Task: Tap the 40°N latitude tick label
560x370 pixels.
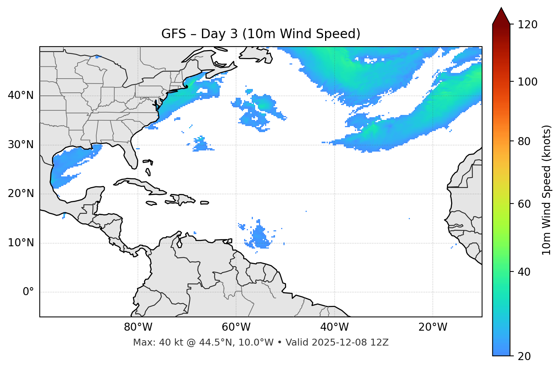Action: (21, 95)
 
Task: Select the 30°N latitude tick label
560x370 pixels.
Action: (21, 145)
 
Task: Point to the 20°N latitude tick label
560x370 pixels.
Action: (21, 194)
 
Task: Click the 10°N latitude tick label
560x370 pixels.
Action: (21, 243)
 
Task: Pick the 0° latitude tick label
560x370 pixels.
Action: (28, 292)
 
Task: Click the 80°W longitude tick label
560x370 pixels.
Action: (138, 327)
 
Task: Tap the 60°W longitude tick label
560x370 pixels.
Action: (236, 327)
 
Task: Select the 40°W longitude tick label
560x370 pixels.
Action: (334, 327)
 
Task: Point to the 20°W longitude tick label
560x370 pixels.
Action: (432, 327)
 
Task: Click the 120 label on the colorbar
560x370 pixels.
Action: (528, 24)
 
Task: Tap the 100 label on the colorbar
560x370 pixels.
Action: (528, 82)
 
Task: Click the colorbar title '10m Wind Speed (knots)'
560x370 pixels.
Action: (547, 190)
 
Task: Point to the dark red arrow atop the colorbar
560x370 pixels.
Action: (501, 16)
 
